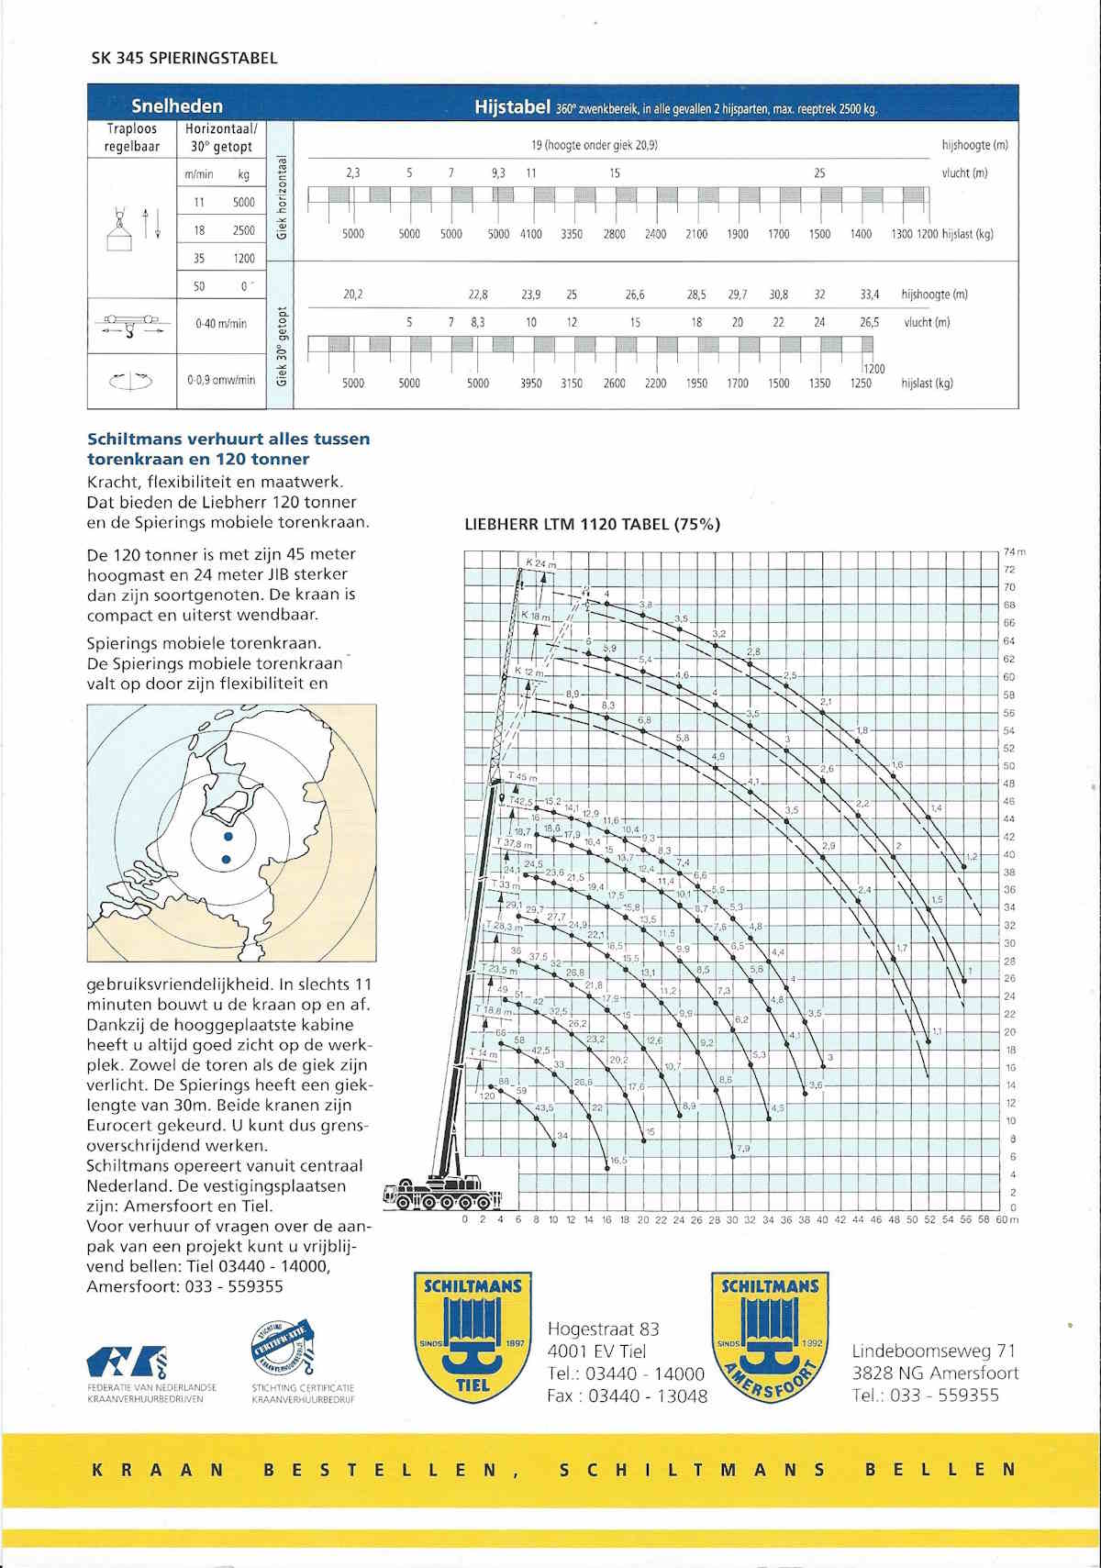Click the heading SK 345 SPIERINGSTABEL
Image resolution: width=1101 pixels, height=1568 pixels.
point(184,59)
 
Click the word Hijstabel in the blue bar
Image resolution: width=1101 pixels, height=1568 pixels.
point(512,107)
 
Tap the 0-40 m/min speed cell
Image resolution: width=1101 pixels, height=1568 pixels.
point(220,323)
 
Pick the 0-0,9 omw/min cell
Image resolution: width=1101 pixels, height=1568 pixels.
point(221,379)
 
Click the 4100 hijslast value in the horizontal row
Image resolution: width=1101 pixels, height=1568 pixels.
point(530,234)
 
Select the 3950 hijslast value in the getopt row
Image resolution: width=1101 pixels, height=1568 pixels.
point(530,384)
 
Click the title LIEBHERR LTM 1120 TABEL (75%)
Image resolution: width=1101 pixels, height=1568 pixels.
point(593,525)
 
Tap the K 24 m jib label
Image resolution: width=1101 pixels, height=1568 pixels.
point(540,562)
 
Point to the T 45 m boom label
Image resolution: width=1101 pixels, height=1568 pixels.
point(523,777)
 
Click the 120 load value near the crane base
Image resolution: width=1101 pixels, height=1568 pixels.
point(487,1095)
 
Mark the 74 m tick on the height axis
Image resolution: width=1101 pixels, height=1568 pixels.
point(1013,551)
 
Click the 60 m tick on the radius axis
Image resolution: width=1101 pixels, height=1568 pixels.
point(1008,1219)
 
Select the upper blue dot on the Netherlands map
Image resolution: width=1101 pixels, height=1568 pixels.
point(228,837)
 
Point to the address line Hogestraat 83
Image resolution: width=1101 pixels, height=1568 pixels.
point(603,1329)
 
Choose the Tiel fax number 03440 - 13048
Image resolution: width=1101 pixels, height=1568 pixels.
point(628,1396)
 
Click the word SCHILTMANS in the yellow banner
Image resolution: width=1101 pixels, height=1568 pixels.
point(692,1469)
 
